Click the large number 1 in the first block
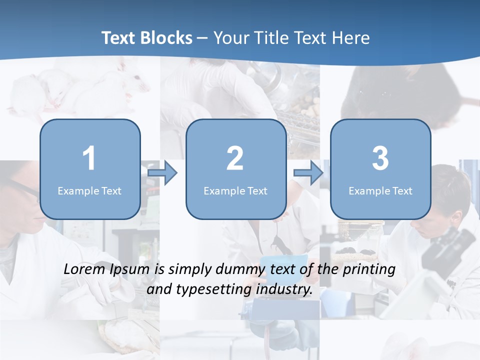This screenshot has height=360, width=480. point(89,158)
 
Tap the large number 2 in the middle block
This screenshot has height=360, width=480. point(235,158)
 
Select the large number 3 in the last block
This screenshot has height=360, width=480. point(380,158)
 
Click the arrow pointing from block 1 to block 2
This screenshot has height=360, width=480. point(163,173)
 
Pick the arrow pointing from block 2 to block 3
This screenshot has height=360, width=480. point(308,173)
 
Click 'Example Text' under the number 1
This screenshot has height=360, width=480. point(89,191)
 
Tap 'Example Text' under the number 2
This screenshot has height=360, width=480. point(235,191)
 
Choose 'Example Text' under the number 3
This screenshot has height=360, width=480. point(380,191)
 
